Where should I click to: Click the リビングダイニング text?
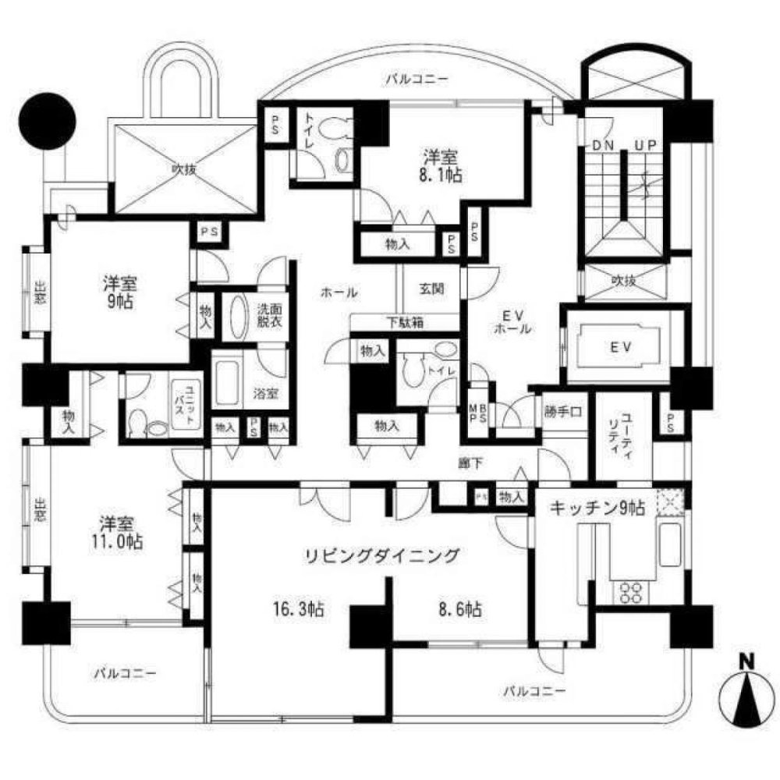coord(380,555)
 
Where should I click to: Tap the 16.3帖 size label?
coord(300,609)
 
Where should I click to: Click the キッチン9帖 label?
coord(597,508)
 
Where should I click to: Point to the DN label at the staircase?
coord(602,146)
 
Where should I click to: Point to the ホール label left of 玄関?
coord(338,293)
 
